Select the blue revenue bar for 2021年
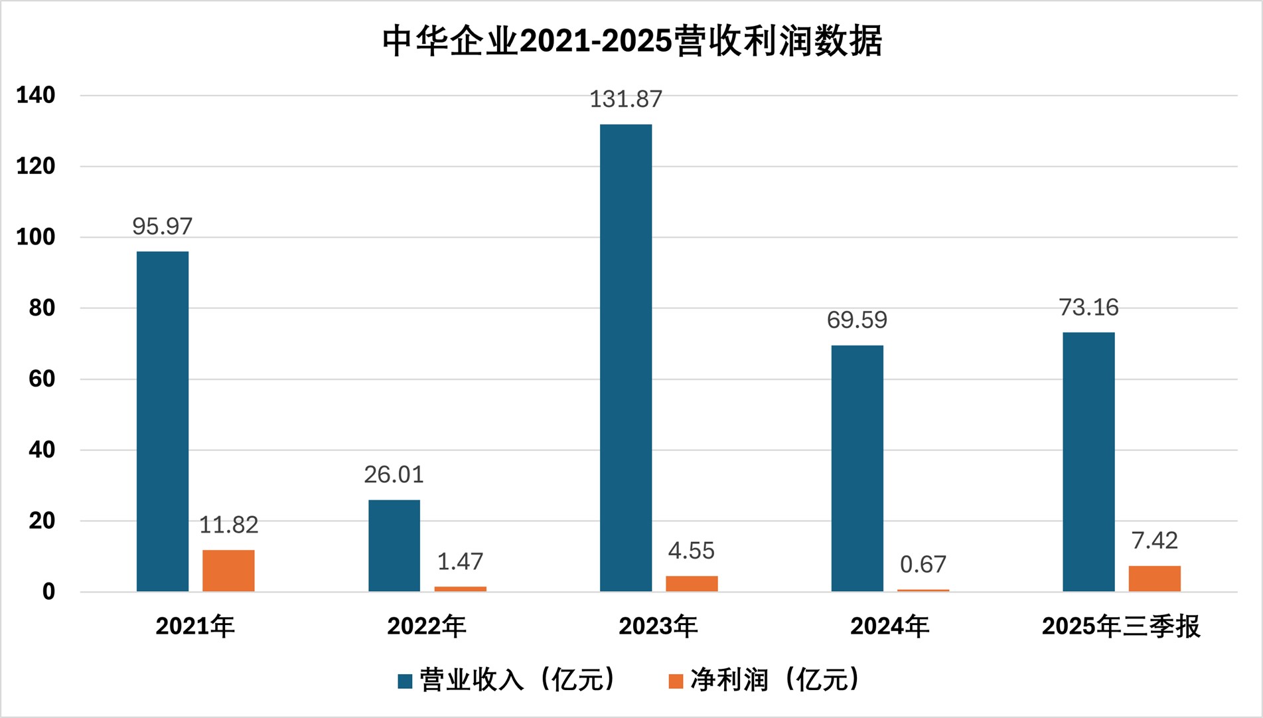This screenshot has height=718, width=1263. (163, 421)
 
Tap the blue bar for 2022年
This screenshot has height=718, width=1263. (394, 545)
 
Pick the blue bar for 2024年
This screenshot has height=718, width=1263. (857, 468)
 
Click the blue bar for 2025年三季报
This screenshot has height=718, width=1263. (1088, 462)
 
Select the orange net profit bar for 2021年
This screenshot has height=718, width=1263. (228, 571)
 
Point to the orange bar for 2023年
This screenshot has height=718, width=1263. (692, 583)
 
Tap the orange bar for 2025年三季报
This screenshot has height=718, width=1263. (1154, 579)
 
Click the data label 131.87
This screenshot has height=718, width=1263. (626, 100)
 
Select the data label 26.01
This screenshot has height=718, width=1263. (394, 475)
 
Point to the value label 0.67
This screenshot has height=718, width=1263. (923, 565)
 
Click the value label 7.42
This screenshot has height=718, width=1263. (1154, 541)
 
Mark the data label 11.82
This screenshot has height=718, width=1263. (228, 525)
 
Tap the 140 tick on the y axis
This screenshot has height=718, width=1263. (36, 96)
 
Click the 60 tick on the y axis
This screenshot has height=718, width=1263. (42, 379)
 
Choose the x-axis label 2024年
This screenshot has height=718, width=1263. (889, 626)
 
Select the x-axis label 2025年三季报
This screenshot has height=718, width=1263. (1121, 626)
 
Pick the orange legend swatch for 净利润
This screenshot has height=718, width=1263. (676, 681)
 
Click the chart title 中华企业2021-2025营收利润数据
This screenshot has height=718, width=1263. (632, 41)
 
